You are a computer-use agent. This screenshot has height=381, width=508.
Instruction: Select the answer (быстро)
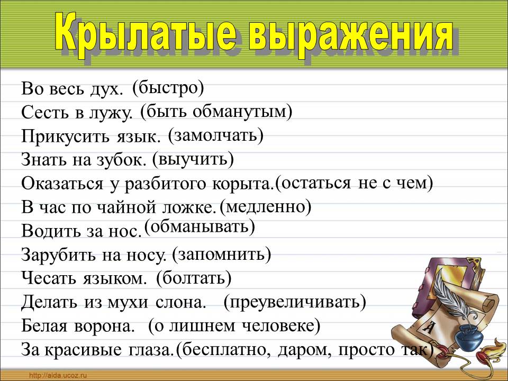[x=168, y=87]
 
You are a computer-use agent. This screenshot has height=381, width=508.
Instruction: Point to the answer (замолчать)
[x=216, y=135]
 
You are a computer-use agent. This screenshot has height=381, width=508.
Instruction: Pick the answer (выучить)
[x=193, y=158]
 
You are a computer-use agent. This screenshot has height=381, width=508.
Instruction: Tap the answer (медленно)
[x=266, y=206]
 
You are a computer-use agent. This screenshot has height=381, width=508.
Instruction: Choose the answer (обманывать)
[x=199, y=227]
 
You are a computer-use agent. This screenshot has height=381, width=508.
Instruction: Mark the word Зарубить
[x=52, y=256]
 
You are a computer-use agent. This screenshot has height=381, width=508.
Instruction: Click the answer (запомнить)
[x=222, y=255]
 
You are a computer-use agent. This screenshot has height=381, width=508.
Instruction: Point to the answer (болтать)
[x=194, y=277]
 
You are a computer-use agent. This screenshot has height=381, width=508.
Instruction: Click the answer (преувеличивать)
[x=295, y=302]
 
